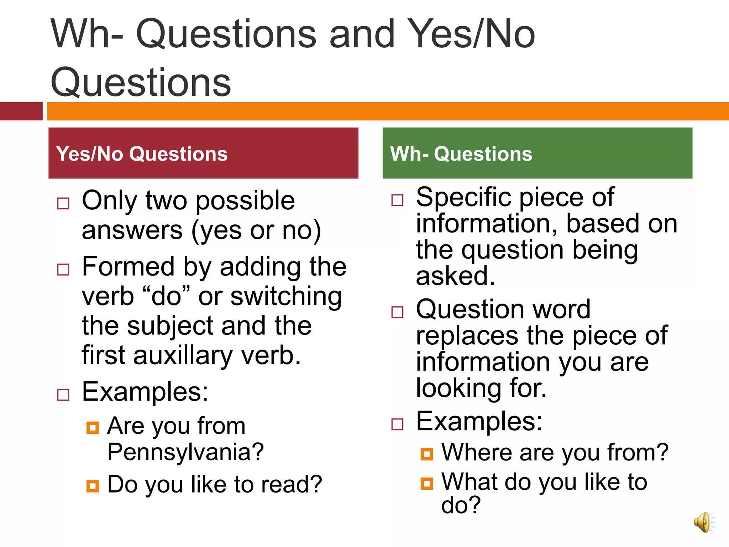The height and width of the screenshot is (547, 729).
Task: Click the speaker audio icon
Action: pyautogui.click(x=704, y=522)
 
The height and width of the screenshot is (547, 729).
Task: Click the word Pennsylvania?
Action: pyautogui.click(x=185, y=452)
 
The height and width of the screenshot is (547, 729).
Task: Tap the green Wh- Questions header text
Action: pyautogui.click(x=461, y=154)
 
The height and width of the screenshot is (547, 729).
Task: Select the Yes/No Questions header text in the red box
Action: pyautogui.click(x=142, y=154)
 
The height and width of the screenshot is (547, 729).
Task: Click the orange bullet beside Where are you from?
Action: pyautogui.click(x=426, y=454)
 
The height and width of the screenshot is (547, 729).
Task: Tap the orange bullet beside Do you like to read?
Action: pyautogui.click(x=93, y=486)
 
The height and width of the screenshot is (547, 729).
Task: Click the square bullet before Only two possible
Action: pyautogui.click(x=63, y=203)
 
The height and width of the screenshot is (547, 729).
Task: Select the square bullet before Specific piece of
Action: pyautogui.click(x=397, y=200)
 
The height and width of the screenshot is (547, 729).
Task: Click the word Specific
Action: pyautogui.click(x=465, y=197)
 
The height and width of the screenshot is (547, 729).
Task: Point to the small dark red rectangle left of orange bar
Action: pyautogui.click(x=21, y=111)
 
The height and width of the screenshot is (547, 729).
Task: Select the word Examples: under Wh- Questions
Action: pyautogui.click(x=479, y=421)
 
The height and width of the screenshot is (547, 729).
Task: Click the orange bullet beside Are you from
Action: pyautogui.click(x=93, y=427)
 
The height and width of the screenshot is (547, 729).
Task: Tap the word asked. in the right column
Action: pyautogui.click(x=456, y=276)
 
